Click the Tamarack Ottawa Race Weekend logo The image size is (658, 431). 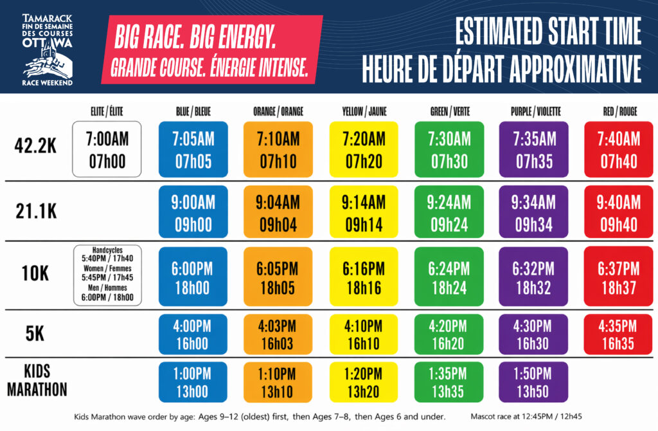[48, 50]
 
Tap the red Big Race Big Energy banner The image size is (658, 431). [212, 50]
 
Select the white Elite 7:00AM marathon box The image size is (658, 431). [107, 149]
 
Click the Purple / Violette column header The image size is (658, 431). [535, 111]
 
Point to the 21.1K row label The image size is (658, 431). [36, 211]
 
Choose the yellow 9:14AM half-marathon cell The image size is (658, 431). [364, 212]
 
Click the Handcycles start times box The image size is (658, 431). [107, 275]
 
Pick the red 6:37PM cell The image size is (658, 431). [619, 277]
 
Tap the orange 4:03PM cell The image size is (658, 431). [278, 335]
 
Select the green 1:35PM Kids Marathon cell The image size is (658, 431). [449, 382]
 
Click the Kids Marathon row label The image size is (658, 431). [37, 380]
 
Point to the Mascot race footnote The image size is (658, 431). [526, 417]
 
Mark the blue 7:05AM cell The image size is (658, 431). [193, 149]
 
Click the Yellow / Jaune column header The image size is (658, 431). [364, 111]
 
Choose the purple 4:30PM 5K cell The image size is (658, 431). [533, 335]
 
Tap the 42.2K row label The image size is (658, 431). [36, 146]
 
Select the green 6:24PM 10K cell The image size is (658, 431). [449, 277]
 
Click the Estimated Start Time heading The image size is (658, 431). [548, 31]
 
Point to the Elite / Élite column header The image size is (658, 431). [107, 111]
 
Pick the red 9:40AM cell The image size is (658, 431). [619, 212]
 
